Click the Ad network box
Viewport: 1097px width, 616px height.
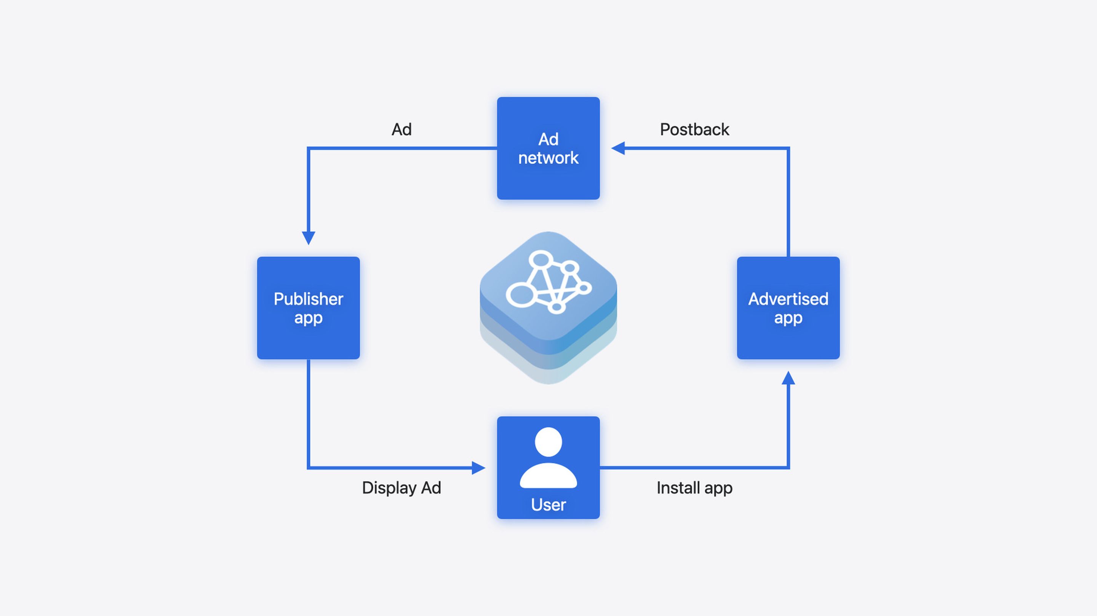coord(548,148)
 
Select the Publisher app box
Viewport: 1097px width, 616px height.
coord(308,307)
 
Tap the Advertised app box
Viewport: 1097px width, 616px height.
coord(788,307)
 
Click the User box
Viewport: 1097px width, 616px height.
coord(548,468)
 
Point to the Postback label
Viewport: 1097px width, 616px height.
coord(694,129)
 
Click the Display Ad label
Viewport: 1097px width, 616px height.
coord(401,488)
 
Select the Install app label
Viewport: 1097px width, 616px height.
coord(694,488)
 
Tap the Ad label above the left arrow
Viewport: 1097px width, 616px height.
coord(401,129)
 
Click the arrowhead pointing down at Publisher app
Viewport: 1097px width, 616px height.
coord(308,238)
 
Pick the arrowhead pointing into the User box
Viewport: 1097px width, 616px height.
coord(479,468)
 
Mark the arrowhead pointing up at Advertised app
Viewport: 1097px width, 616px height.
coord(788,378)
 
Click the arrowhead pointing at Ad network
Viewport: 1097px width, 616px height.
coord(618,148)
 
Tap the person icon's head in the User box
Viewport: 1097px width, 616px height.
coord(548,442)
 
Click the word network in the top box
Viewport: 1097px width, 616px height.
coord(548,158)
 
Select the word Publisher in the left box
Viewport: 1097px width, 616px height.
coord(308,299)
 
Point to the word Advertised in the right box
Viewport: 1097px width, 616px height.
coord(788,299)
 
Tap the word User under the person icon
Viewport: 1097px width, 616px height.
coord(548,505)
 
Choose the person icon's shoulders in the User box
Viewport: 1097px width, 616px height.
coord(548,476)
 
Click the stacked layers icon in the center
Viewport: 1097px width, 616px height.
coord(548,307)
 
